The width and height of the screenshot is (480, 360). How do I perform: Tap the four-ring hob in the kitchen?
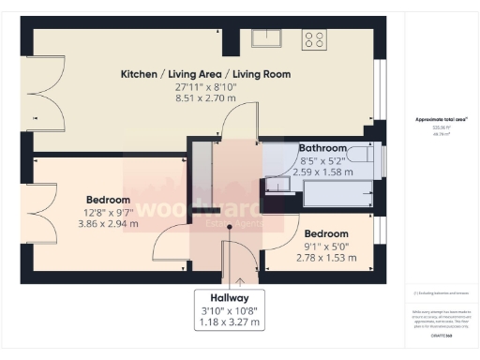(314, 39)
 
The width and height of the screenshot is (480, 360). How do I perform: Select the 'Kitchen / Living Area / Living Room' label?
(205, 74)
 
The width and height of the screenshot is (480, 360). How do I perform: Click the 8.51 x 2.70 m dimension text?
(205, 97)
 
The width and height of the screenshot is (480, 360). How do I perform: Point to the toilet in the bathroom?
(361, 154)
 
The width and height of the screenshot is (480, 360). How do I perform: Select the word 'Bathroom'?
(323, 148)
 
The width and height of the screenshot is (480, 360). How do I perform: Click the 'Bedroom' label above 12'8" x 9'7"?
(108, 200)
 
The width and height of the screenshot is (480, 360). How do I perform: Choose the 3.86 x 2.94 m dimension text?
(108, 223)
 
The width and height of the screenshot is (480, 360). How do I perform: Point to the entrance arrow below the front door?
(243, 279)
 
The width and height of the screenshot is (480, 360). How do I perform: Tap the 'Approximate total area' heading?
(442, 119)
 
